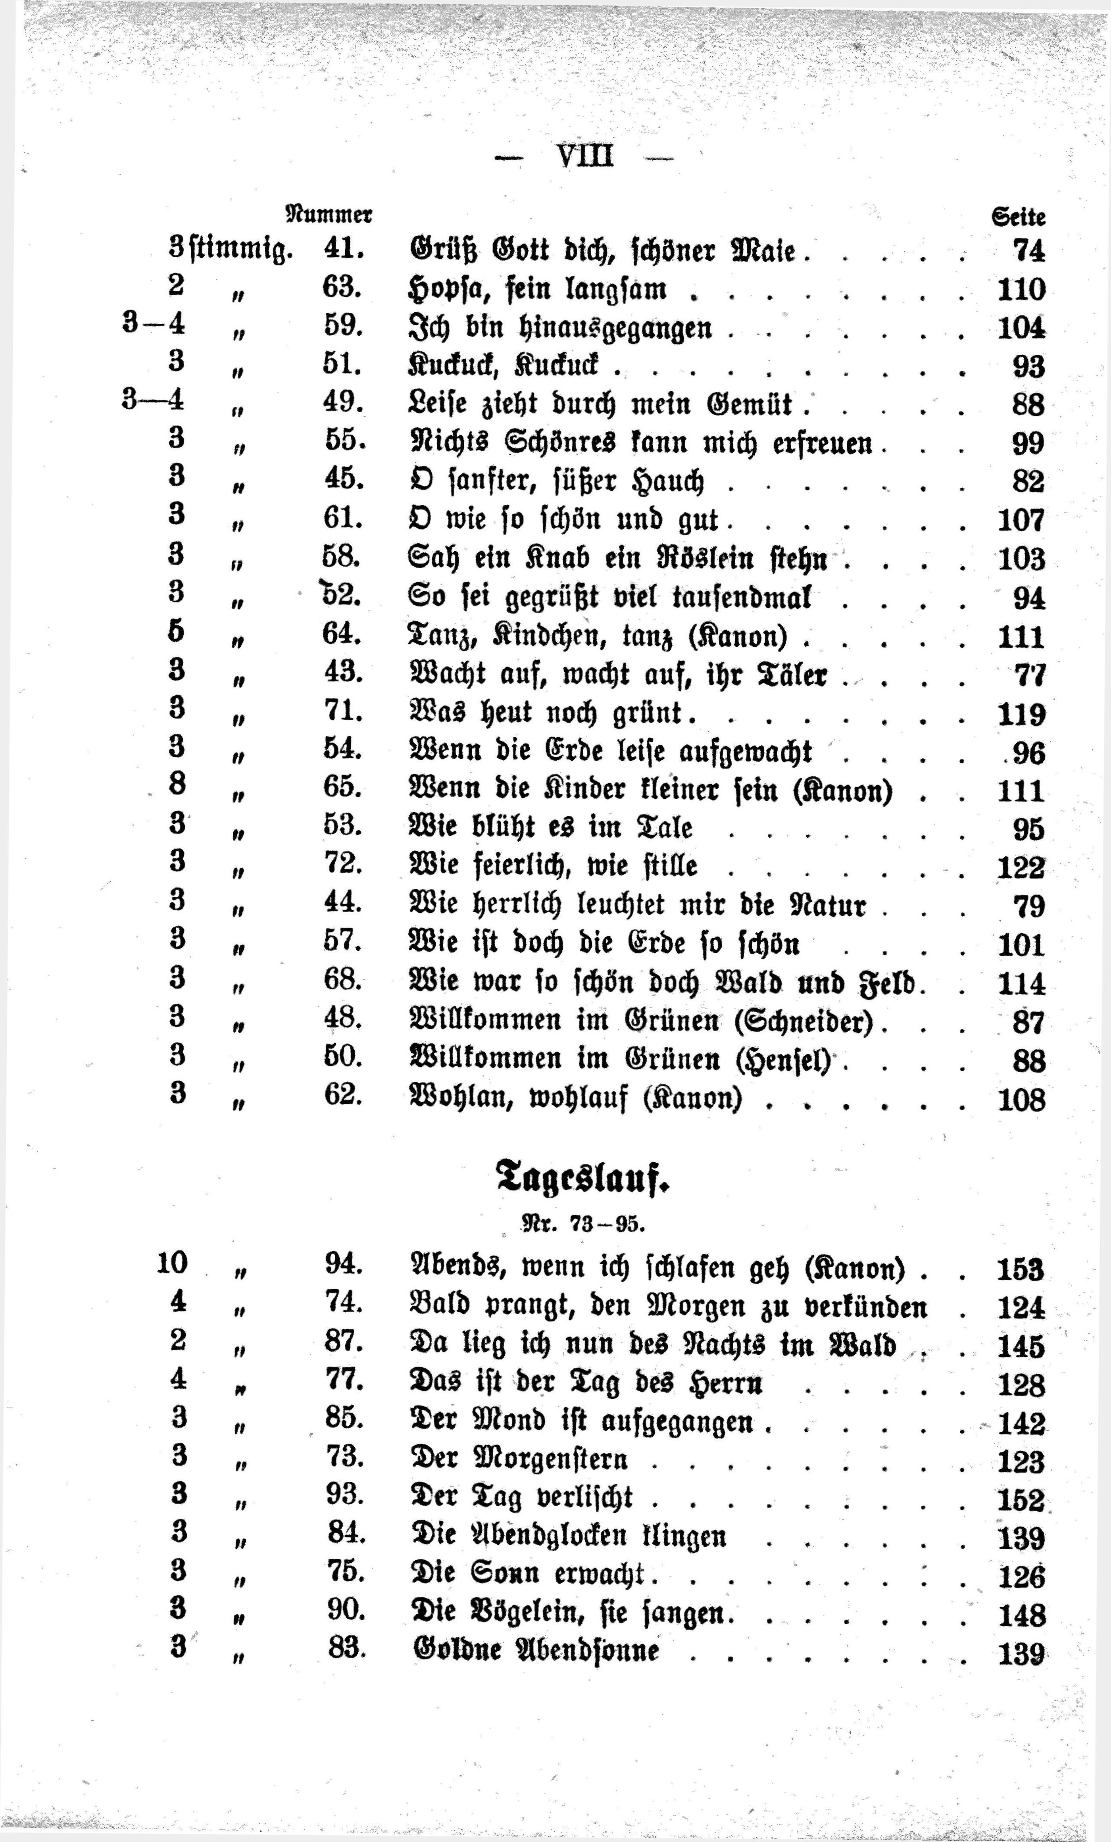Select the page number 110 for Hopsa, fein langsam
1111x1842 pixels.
tap(1021, 289)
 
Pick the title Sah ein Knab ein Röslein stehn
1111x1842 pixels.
tap(617, 558)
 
